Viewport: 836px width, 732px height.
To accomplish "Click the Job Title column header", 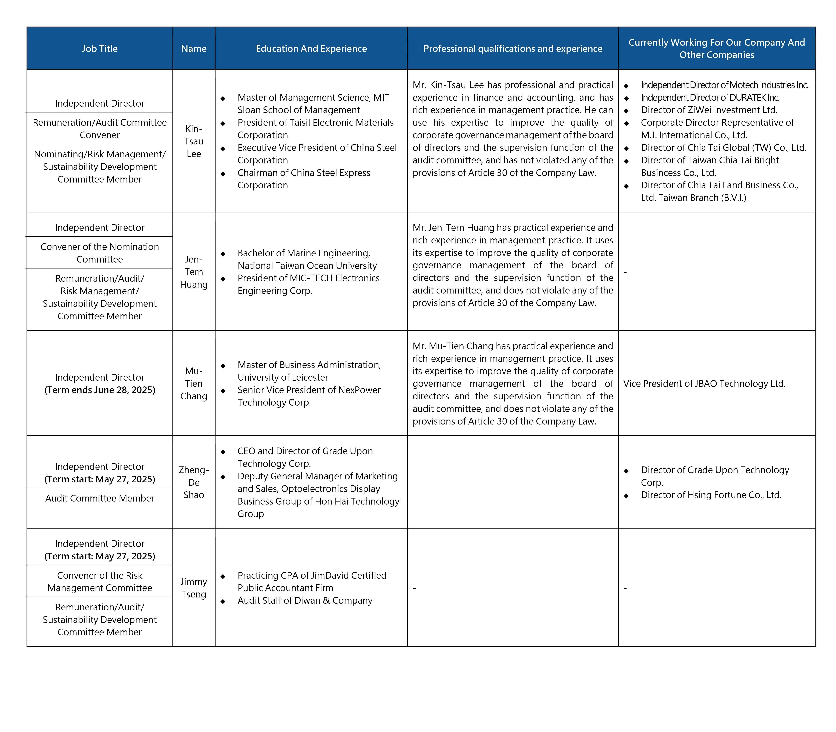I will [100, 49].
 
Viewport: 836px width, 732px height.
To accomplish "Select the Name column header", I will [194, 49].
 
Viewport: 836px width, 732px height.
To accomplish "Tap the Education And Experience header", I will [311, 49].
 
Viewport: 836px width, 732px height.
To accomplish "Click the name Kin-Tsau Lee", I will [194, 141].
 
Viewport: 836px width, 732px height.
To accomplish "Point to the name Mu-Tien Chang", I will [194, 384].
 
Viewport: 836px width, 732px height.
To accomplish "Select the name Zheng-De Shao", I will [194, 482].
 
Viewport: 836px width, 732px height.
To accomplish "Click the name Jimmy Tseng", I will [194, 588].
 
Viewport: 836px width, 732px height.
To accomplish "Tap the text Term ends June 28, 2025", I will [100, 390].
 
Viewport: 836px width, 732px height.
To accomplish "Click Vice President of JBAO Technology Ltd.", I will [704, 384].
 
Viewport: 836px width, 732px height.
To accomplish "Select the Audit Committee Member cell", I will [100, 498].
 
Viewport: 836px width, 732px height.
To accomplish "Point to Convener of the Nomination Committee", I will [100, 253].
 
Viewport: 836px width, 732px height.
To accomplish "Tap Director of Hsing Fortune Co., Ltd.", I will [711, 495].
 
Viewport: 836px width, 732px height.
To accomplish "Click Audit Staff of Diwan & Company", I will [305, 600].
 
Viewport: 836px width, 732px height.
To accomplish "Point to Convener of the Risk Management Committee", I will [100, 582].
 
